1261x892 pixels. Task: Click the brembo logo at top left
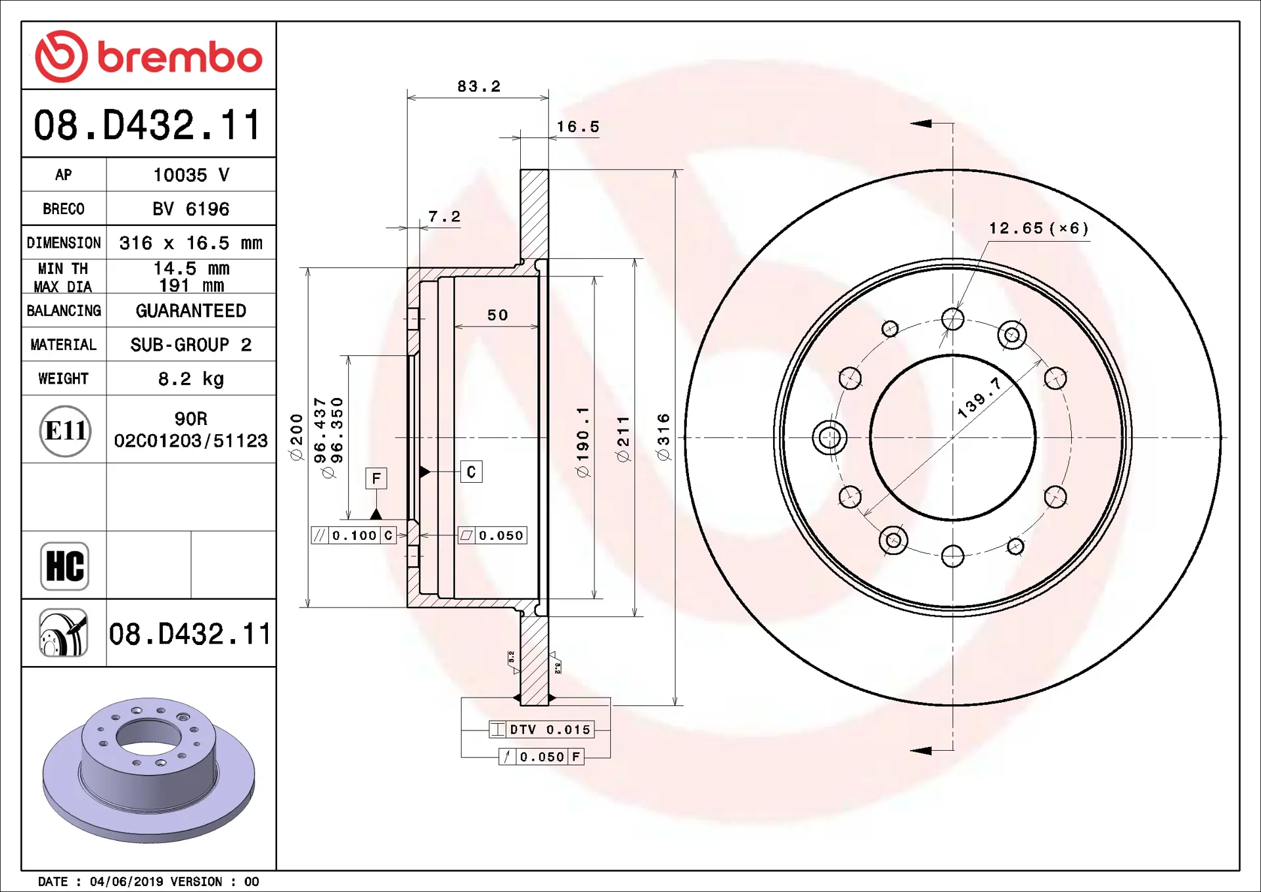[x=148, y=56]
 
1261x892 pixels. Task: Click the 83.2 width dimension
[x=479, y=87]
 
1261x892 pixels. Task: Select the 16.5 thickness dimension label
[x=578, y=127]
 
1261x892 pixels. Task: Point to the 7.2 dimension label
[x=445, y=217]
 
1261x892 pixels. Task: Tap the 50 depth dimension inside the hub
[x=498, y=315]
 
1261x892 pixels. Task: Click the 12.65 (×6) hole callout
[x=1039, y=228]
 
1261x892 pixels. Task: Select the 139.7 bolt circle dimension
[x=979, y=398]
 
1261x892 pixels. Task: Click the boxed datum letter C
[x=472, y=472]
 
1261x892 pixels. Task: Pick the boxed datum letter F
[x=376, y=478]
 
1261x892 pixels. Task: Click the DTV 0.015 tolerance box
[x=541, y=729]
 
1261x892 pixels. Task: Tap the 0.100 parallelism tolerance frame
[x=353, y=535]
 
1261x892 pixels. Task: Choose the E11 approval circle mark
[x=65, y=431]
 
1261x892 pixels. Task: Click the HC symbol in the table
[x=64, y=566]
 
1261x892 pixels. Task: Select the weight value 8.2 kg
[x=191, y=379]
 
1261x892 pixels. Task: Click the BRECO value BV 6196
[x=191, y=209]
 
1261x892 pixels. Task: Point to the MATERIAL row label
[x=64, y=345]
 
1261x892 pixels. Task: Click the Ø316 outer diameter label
[x=663, y=437]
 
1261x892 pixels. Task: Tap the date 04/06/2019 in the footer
[x=127, y=881]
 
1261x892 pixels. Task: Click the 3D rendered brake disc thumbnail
[x=148, y=770]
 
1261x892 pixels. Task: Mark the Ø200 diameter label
[x=297, y=437]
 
